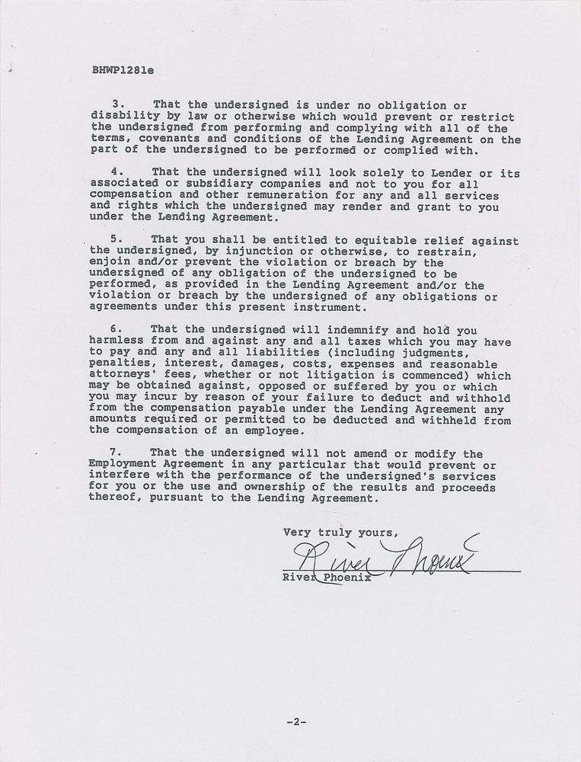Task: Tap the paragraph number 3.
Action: pos(117,104)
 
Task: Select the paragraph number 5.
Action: pos(117,238)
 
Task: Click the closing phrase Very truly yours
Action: pos(340,532)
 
